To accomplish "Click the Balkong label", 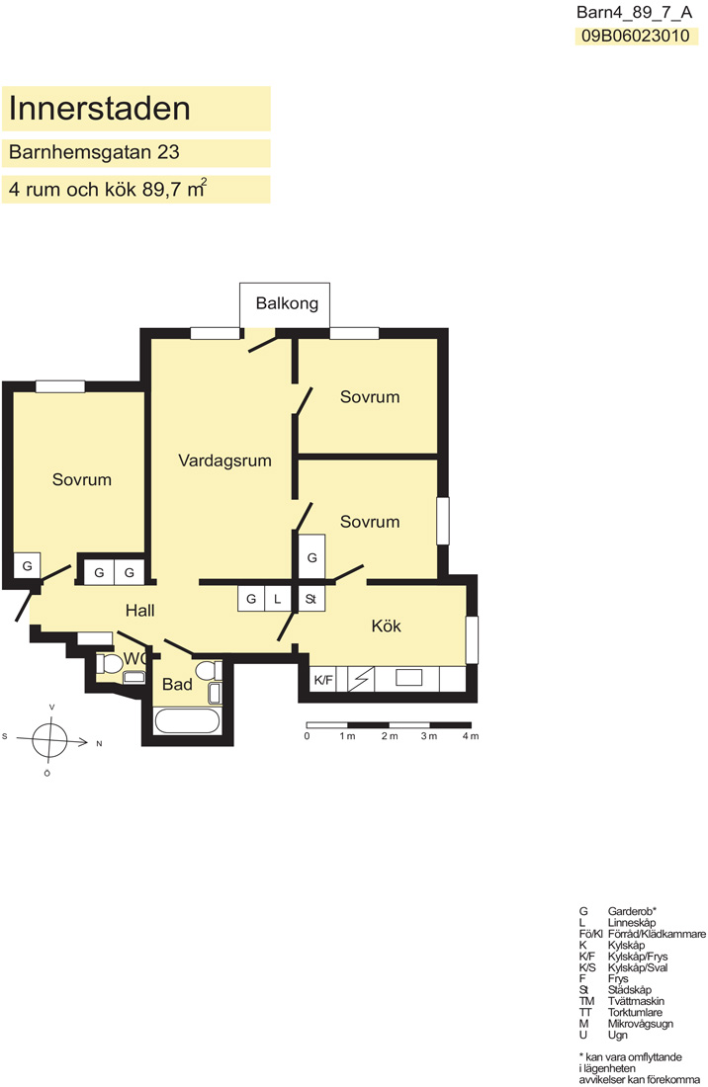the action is (287, 303).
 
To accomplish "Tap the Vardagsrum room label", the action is (224, 461).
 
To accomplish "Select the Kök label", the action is (387, 626).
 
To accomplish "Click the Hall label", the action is (140, 611).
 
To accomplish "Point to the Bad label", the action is (177, 685).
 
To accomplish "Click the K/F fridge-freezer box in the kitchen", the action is (323, 680).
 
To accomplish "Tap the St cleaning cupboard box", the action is (310, 599).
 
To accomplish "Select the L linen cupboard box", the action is (278, 599).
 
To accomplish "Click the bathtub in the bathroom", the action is (187, 721).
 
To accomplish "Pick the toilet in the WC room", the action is (109, 663).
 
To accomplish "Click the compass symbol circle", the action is (49, 740).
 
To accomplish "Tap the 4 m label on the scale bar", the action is (470, 736).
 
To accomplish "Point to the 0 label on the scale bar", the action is (308, 736).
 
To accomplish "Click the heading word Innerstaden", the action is (100, 109).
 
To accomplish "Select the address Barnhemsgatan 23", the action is (94, 152).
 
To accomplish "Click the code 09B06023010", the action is (636, 36).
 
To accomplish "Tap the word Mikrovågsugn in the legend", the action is (640, 1024).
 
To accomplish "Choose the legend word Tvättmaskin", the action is (636, 1001).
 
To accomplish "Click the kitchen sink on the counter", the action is (409, 677).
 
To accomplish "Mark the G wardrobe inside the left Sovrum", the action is (27, 565).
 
